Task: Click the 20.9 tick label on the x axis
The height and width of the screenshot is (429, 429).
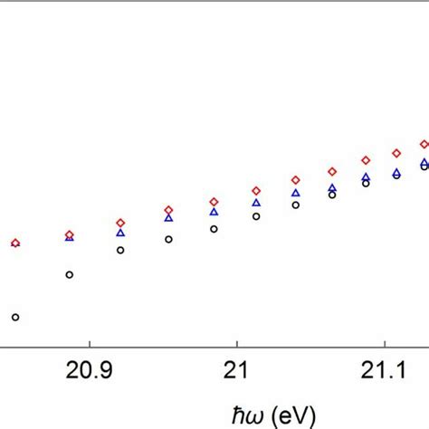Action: [89, 371]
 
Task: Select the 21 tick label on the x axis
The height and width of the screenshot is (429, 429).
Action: [236, 371]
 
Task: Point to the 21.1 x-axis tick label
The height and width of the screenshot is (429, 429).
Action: [386, 371]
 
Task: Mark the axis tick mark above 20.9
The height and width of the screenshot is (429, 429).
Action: [89, 344]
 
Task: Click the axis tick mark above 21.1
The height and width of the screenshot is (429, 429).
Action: [386, 344]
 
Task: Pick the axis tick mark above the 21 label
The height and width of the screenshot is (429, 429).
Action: [237, 344]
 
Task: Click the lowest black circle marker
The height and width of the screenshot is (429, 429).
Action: [15, 317]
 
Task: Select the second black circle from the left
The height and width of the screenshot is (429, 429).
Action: [70, 274]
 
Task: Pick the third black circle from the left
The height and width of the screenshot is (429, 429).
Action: [120, 250]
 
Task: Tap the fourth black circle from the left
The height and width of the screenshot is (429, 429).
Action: [168, 239]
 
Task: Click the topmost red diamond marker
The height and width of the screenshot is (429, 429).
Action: [424, 144]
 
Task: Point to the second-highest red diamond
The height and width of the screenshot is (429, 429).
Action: [396, 153]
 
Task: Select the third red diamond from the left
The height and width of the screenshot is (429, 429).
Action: [120, 223]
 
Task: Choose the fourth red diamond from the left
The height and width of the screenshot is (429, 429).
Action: [168, 210]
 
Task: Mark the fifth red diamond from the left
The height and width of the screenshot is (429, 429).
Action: [214, 202]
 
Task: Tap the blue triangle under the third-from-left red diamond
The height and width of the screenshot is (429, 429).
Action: [120, 233]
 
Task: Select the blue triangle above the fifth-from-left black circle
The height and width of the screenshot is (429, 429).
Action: [214, 212]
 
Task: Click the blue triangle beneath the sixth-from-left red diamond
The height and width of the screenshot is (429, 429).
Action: [256, 203]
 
